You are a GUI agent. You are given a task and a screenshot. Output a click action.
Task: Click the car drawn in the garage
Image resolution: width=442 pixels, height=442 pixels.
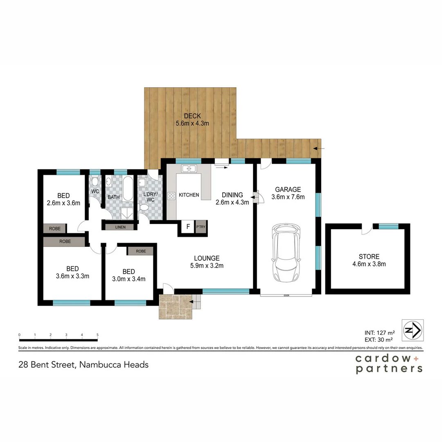tap(286, 253)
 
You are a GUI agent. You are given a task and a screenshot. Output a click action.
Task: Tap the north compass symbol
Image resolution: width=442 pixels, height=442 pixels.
tap(413, 330)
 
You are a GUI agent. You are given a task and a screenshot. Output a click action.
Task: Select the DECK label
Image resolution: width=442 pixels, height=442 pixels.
tap(192, 116)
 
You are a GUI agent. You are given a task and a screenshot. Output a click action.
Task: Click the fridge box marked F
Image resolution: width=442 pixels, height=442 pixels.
tap(188, 227)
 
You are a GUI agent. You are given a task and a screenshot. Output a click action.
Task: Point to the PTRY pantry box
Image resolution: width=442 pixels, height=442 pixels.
tap(201, 227)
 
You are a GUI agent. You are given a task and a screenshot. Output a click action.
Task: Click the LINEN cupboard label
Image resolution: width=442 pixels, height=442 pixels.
tap(120, 227)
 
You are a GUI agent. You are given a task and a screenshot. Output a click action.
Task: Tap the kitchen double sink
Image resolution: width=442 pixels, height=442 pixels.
tap(189, 169)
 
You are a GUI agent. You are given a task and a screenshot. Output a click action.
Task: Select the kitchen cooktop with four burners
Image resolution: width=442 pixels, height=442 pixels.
tap(171, 196)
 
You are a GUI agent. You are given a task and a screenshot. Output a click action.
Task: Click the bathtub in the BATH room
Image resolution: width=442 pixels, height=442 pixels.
tap(128, 188)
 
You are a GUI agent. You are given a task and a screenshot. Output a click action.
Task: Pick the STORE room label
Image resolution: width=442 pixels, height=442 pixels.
tap(369, 257)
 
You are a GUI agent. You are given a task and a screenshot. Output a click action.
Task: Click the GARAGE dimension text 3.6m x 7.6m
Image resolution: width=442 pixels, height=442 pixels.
tap(288, 197)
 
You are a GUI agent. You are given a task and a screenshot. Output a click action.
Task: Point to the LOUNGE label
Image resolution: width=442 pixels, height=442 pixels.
tap(207, 258)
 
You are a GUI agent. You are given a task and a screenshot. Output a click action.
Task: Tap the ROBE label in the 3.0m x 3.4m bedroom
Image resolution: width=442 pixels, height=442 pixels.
tap(141, 251)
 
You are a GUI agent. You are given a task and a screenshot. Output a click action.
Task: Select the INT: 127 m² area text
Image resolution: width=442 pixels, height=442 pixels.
tap(380, 333)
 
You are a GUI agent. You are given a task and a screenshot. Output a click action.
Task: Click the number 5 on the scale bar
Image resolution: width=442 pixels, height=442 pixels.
tap(97, 335)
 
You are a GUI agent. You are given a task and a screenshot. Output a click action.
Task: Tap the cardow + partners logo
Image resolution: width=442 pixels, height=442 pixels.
tap(389, 364)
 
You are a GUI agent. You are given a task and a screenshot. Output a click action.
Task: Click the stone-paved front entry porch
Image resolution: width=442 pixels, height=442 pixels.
tap(176, 307)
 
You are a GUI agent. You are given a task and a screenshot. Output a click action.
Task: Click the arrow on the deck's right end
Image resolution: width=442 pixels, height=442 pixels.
tap(319, 148)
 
